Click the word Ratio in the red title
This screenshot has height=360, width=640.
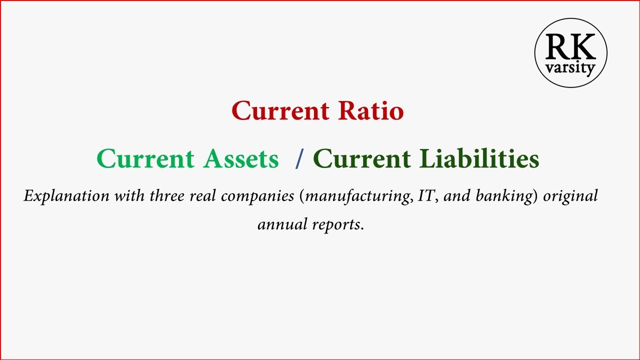coord(370,110)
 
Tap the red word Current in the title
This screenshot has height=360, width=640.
coord(280,110)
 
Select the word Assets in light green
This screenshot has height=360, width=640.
coord(241,159)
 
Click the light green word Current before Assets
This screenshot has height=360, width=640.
coord(145,159)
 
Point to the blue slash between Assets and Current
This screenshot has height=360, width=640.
coord(298,159)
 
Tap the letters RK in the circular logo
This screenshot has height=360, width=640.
coord(570,47)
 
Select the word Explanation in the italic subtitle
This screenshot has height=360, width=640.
coord(66,195)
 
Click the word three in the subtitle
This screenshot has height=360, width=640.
coord(167,195)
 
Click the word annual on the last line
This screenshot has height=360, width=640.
coord(282,224)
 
